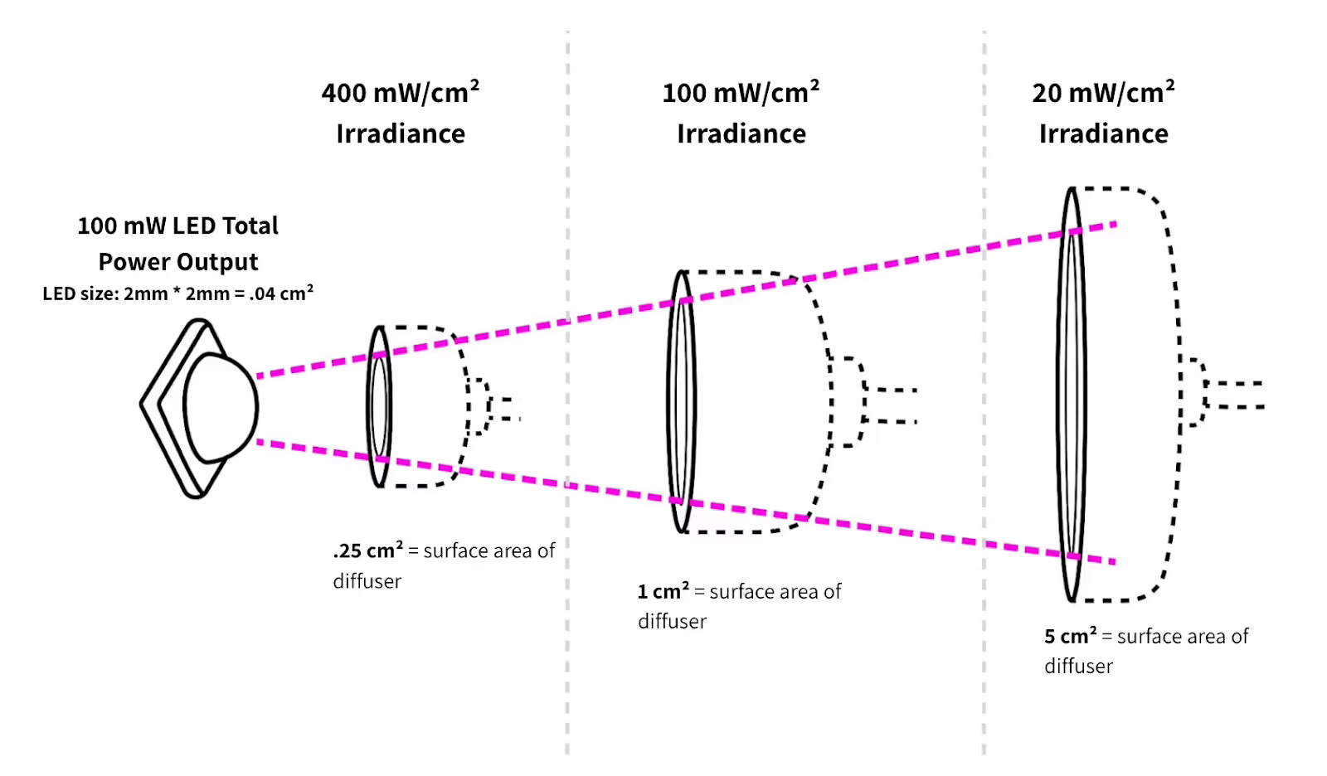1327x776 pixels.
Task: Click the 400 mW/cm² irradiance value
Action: coord(400,93)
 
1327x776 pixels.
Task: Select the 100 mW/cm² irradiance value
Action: coord(741,93)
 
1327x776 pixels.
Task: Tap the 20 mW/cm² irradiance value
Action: coord(1103,93)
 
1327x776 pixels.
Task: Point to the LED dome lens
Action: coord(220,407)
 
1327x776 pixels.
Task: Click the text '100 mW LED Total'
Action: coord(177,226)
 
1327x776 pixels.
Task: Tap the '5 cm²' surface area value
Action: coord(1070,637)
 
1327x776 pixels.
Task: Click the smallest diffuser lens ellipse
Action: coord(379,406)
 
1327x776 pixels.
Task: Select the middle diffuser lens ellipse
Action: coord(681,401)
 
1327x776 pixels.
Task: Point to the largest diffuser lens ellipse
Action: coord(1072,395)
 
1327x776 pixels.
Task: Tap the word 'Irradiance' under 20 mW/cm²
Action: coord(1103,134)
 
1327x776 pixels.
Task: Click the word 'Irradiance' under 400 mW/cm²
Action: coord(400,134)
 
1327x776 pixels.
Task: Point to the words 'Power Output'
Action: coord(177,262)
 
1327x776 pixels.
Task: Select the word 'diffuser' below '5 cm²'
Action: coord(1078,667)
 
